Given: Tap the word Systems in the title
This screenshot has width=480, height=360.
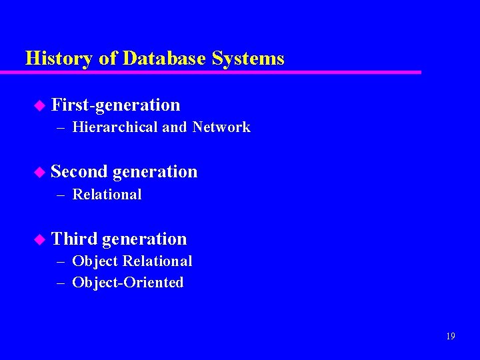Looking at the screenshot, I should tap(248, 59).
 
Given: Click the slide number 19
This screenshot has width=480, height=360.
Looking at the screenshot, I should tap(451, 337).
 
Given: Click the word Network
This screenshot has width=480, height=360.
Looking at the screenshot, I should tap(221, 127).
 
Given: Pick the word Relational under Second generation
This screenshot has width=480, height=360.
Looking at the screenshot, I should tap(107, 195).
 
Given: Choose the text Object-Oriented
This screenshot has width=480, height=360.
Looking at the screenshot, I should tap(128, 283).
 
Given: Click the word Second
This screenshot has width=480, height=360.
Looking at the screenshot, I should tap(79, 172).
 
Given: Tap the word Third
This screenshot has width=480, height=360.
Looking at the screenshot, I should tap(74, 239).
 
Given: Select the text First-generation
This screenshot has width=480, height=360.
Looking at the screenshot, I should tap(115, 105).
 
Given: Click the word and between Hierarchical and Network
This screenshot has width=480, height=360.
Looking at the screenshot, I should tap(174, 127).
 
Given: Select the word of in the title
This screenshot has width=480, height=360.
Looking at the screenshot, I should tap(107, 59).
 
